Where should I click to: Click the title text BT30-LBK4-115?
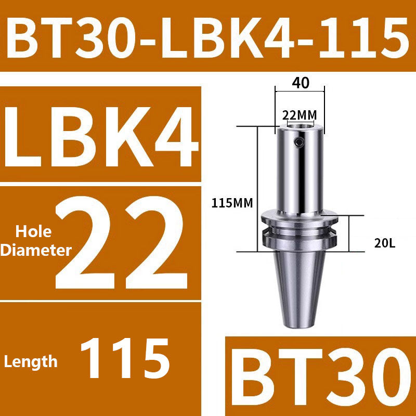(208, 36)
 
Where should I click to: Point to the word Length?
(31, 361)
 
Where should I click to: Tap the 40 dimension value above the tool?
(300, 83)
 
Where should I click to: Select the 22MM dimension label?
(300, 114)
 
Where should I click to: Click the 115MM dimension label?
(232, 203)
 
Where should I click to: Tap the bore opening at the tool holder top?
(300, 125)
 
